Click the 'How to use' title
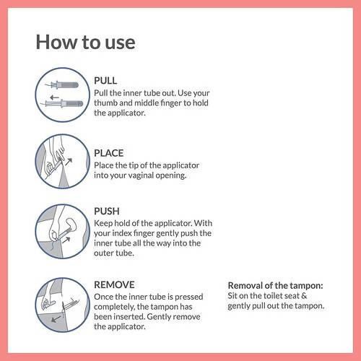85,42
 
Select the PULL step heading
105,80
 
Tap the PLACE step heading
109,153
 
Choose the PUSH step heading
107,212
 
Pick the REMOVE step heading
114,284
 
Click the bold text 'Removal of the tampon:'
276,285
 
